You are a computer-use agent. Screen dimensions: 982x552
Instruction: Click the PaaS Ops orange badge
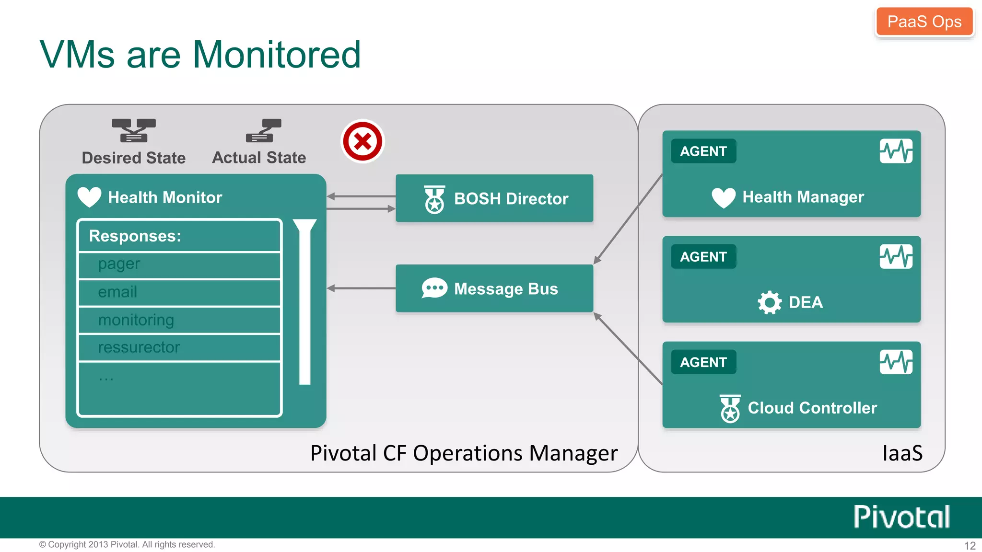924,22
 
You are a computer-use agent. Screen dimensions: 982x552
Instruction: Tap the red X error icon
362,141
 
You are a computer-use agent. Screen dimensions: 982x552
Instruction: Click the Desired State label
134,158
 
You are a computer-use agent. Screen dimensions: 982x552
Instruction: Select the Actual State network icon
263,130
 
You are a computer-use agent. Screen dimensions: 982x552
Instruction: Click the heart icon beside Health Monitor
89,197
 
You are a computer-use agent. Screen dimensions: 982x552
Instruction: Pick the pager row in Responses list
179,265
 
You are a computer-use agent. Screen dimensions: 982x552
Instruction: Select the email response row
179,292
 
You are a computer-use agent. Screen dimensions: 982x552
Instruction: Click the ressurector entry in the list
179,347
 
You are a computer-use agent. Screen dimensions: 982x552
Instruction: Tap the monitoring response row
179,320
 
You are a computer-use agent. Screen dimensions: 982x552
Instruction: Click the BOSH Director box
494,198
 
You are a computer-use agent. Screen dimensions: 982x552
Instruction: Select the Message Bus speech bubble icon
434,288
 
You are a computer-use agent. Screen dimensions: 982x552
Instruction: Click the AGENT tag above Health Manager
703,151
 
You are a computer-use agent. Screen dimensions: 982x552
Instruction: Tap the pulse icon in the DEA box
896,256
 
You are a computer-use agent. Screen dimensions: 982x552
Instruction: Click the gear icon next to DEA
770,302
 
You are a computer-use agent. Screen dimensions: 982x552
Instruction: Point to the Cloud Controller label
812,408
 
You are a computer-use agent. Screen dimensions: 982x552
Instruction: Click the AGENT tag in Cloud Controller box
703,362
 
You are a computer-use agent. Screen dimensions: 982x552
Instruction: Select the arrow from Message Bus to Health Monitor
361,288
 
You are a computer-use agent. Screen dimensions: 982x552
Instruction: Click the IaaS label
902,453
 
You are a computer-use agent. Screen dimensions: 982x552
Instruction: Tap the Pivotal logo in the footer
901,517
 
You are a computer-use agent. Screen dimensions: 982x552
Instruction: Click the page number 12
970,546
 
